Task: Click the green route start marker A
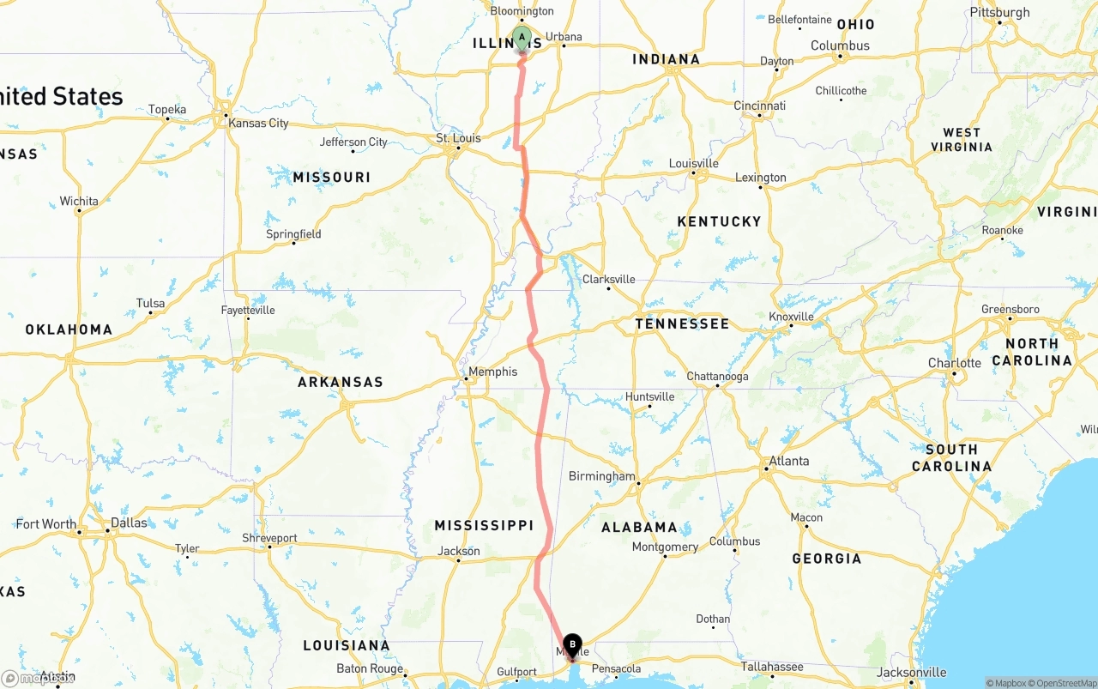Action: point(522,39)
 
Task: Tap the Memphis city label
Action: point(492,372)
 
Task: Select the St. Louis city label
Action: point(458,138)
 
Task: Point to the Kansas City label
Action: point(258,123)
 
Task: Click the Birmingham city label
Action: point(602,476)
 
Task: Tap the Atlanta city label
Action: point(788,461)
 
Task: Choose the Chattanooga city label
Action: point(717,377)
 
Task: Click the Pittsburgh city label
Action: point(999,12)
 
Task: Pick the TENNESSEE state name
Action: point(682,323)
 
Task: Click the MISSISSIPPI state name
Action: point(484,525)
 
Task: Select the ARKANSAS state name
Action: point(341,382)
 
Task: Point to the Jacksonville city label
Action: point(910,673)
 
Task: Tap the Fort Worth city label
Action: point(45,524)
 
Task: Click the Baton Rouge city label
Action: point(370,668)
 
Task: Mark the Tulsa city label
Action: point(150,303)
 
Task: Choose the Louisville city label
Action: point(693,163)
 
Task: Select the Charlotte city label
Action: point(954,363)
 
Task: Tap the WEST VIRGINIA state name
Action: point(961,139)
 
